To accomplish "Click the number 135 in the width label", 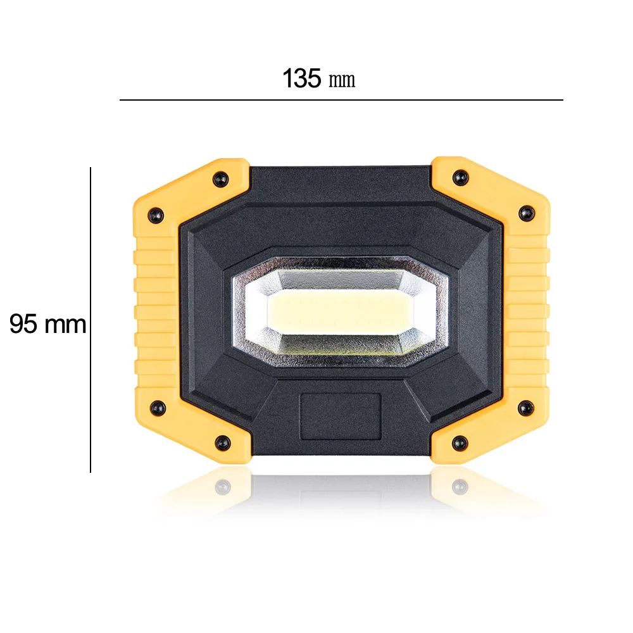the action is pos(302,78).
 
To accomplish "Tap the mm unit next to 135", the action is pos(342,80).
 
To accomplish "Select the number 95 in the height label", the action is pos(23,323).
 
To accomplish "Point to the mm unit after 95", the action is pos(65,325).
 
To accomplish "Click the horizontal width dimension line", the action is pos(341,100).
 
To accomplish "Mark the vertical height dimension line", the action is pos(91,320).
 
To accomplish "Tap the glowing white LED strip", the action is pos(340,311).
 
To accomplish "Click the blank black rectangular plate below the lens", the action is pos(341,417).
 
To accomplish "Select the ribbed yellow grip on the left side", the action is pos(156,313).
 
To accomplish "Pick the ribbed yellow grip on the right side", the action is pos(527,313).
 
